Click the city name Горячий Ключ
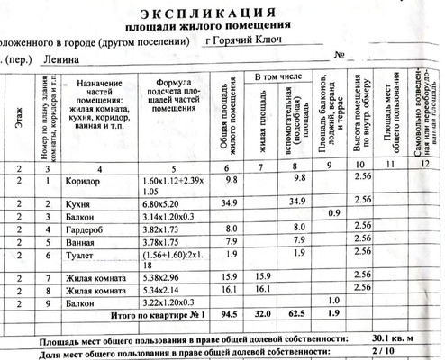[244, 40]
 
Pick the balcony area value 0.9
[333, 213]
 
